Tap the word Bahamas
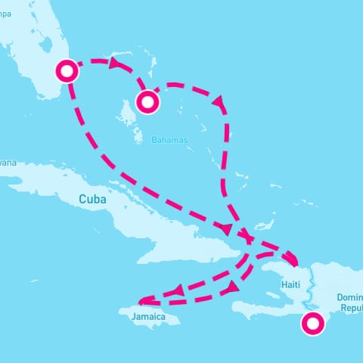[169, 141]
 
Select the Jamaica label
[148, 316]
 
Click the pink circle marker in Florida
[68, 71]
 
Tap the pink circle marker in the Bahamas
[147, 101]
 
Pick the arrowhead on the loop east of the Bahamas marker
[220, 101]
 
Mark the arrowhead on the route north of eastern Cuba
[225, 228]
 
